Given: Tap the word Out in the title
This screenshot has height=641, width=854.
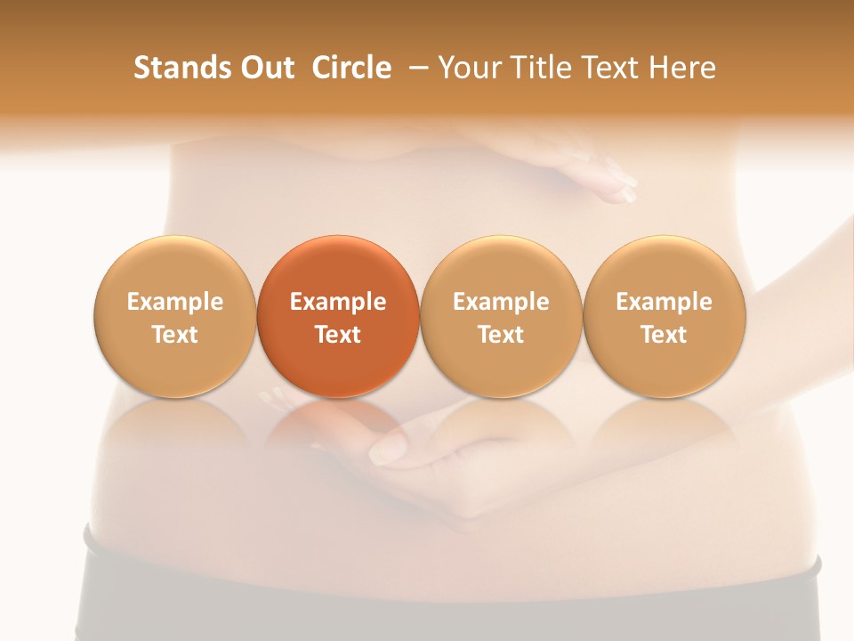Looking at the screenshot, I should click(x=265, y=68).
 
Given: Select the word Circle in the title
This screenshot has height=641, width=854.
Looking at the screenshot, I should click(x=351, y=68).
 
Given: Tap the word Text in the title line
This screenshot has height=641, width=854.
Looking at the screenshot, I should click(x=614, y=68).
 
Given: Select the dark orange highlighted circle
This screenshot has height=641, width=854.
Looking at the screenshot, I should click(x=338, y=317).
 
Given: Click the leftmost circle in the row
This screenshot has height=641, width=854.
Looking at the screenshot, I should click(x=175, y=317).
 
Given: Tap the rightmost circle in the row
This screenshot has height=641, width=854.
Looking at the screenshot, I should click(x=664, y=317).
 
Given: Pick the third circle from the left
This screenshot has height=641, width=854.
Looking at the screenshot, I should click(x=501, y=317).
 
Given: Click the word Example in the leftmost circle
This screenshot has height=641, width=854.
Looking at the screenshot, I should click(x=175, y=302).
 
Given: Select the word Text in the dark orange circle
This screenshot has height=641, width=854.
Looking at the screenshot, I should click(x=338, y=335).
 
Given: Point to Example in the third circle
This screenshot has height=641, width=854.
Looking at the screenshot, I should click(x=501, y=302).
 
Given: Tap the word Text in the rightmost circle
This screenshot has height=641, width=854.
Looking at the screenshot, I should click(x=664, y=335).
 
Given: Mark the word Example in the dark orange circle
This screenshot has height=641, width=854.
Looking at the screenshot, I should click(x=338, y=302).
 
